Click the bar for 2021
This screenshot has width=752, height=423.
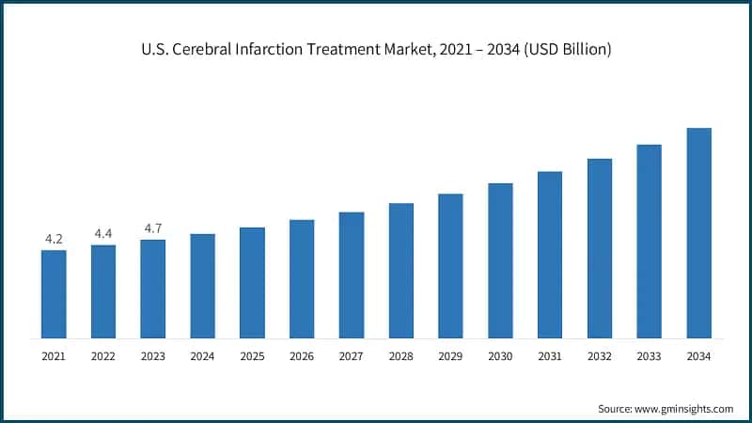54,294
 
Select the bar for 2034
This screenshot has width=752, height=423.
698,233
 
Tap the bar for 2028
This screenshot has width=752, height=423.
401,271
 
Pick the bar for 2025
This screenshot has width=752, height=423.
252,283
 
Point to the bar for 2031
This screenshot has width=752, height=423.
550,255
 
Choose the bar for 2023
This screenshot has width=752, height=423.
153,289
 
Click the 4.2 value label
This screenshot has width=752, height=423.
54,240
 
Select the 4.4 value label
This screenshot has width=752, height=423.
103,234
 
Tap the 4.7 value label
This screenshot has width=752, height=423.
153,228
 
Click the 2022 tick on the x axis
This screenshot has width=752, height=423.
103,356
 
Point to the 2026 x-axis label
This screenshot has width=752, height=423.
302,356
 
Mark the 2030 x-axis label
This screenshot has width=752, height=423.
500,356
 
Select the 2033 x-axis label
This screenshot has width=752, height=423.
649,356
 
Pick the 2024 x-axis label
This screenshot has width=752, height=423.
202,356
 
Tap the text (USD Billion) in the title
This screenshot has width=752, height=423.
566,50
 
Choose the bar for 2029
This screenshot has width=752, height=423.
450,266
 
